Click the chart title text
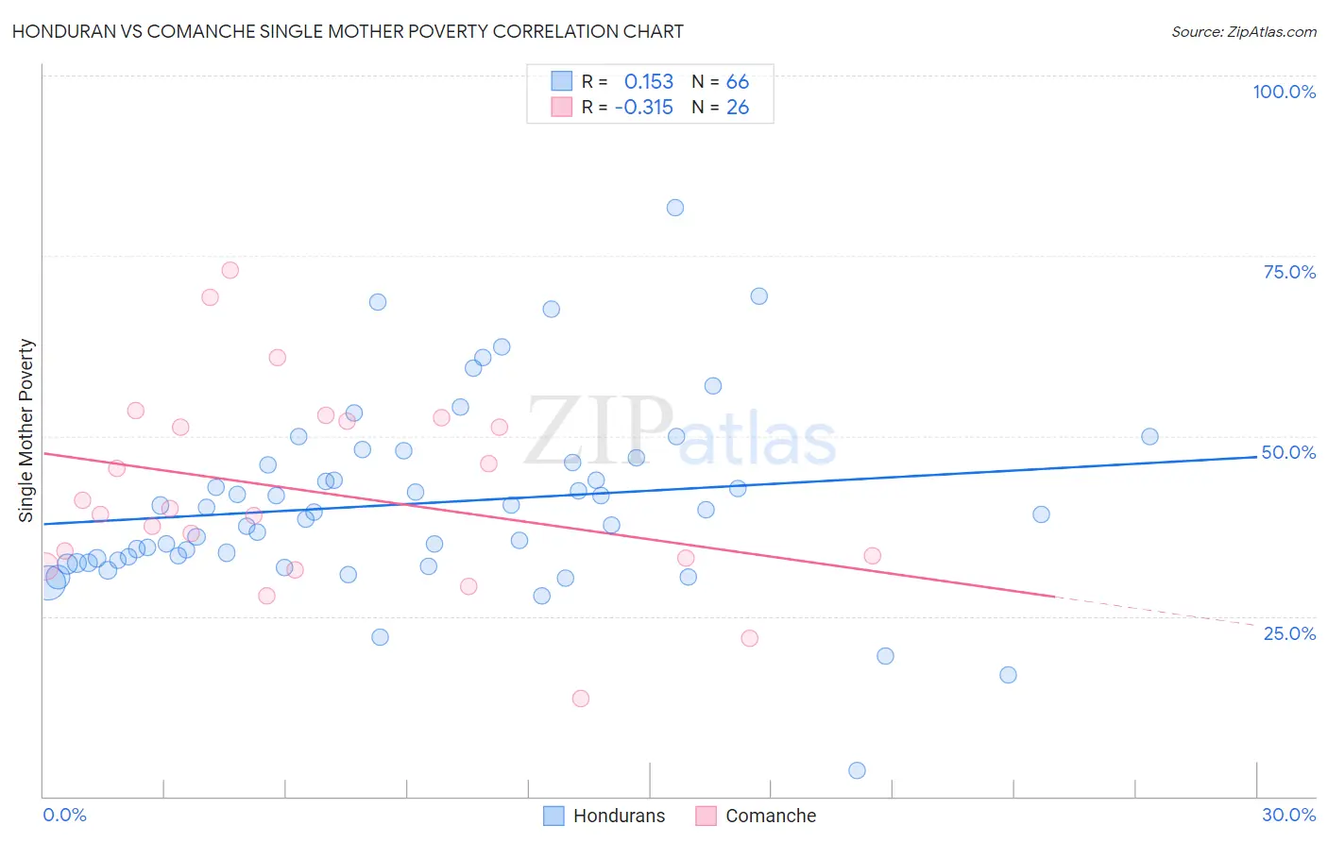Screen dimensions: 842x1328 click(x=348, y=31)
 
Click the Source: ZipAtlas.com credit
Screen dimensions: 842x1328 click(x=1243, y=32)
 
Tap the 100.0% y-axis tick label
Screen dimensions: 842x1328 click(x=1284, y=92)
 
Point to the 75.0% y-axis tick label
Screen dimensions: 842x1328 click(x=1289, y=272)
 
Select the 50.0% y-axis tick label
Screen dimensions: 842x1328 click(x=1288, y=452)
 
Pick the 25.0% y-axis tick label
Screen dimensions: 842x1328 click(x=1289, y=633)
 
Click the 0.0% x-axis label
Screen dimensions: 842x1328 click(x=64, y=815)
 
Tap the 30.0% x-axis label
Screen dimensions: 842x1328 click(x=1288, y=815)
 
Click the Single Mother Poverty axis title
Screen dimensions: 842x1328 click(x=26, y=430)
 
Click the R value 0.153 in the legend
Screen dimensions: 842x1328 click(x=649, y=82)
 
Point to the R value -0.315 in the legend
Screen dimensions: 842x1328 click(x=643, y=108)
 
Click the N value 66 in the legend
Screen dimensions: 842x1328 click(x=738, y=82)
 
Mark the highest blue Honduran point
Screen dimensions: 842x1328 click(x=675, y=208)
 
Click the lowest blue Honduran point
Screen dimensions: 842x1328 click(x=857, y=770)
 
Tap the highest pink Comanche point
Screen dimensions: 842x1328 click(x=230, y=270)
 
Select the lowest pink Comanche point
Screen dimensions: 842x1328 click(x=581, y=699)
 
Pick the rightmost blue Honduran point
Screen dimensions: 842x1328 click(x=1149, y=436)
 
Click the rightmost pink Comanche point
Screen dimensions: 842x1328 click(x=873, y=556)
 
